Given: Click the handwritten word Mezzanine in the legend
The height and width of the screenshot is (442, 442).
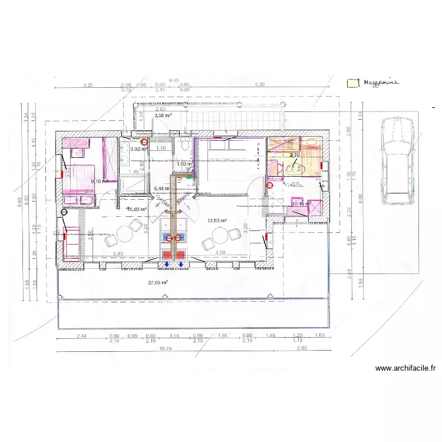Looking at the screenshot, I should (381, 83).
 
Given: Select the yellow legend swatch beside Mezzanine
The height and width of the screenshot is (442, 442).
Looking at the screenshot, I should (352, 83).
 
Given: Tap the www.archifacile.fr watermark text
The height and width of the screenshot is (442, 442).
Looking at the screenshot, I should (405, 368).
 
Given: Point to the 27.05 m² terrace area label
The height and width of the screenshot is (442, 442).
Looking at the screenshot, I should (158, 282).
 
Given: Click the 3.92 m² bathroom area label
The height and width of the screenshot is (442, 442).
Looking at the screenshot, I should (137, 150).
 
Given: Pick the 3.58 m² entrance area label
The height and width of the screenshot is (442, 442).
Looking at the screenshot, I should (163, 116).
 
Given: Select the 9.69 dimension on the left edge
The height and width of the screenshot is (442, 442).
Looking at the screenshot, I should (19, 202).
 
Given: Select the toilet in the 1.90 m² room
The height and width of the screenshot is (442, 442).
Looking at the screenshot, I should (184, 146).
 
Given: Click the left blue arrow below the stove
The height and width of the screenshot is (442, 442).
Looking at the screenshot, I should (166, 265).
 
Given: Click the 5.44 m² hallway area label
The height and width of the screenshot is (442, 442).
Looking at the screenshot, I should (161, 189).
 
